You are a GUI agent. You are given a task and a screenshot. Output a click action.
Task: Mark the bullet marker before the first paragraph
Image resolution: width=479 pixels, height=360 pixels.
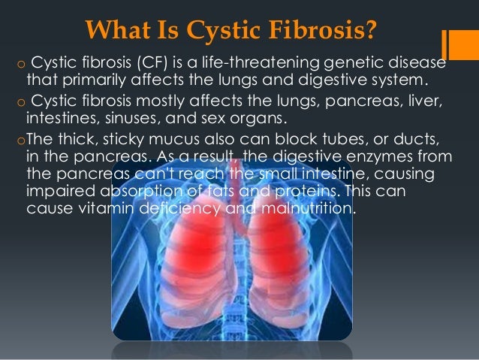pyautogui.click(x=11, y=62)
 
